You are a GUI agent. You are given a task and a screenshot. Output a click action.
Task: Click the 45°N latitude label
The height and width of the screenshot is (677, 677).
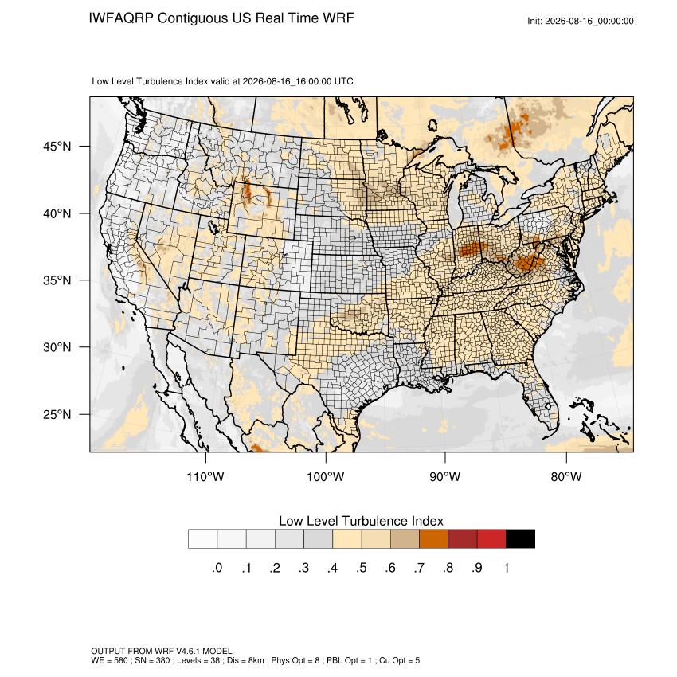coord(57,147)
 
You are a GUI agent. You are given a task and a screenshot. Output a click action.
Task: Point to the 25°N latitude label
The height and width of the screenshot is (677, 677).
coord(57,414)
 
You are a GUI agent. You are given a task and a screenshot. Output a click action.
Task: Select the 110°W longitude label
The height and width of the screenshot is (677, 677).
coord(205,476)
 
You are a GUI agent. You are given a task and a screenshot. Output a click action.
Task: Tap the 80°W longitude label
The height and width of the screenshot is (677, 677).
coord(566,476)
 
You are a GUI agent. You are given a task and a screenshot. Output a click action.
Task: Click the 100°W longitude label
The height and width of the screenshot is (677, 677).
coord(326,476)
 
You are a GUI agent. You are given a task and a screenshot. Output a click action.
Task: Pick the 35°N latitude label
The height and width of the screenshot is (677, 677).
coord(57,280)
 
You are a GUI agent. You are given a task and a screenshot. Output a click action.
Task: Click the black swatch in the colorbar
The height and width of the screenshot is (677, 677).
coord(520,539)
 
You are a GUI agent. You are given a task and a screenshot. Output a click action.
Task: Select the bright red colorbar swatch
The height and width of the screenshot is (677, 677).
coord(491,539)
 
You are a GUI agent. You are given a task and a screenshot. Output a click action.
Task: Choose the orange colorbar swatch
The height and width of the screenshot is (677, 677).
coord(433,539)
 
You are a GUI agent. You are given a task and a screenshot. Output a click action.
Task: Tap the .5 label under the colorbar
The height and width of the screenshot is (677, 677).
coord(362,568)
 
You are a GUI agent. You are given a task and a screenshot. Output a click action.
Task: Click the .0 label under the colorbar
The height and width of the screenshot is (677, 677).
coord(217,568)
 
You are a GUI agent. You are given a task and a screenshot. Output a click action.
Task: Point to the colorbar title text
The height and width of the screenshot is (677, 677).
coord(361,521)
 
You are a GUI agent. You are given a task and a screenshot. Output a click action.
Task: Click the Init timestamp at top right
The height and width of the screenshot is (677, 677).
coord(581,21)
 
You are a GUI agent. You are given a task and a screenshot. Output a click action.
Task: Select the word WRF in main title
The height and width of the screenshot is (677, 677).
coord(339,18)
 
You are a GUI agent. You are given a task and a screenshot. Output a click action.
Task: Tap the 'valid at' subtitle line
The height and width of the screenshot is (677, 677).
coord(222,81)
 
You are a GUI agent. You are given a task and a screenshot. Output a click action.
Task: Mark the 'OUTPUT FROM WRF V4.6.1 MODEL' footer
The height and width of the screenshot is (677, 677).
coord(162,651)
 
